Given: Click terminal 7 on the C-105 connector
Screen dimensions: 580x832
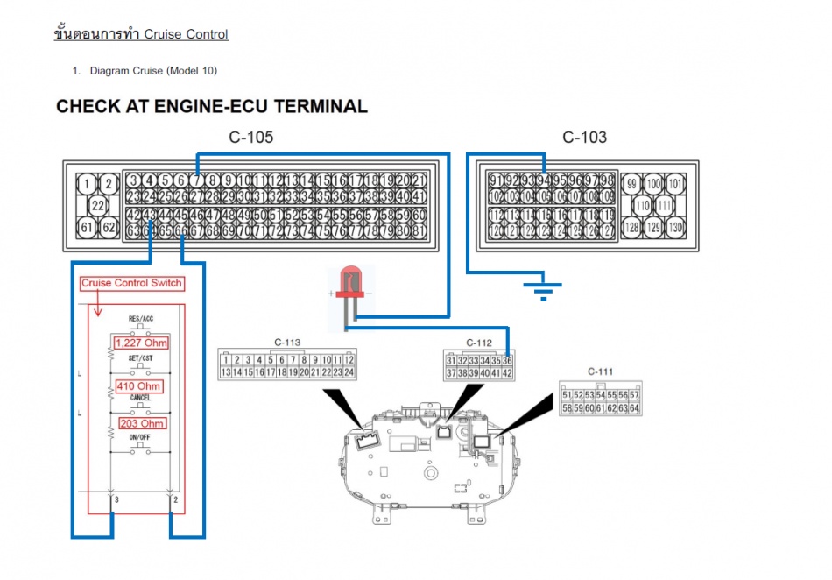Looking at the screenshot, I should [x=196, y=180].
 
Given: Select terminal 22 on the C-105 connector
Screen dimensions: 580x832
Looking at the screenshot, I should [x=99, y=205].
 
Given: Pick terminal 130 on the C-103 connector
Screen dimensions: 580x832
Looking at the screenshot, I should [x=675, y=227].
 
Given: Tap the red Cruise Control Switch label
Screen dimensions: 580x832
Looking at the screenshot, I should [x=131, y=283].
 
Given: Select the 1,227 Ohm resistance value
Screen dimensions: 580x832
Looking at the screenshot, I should [x=140, y=343].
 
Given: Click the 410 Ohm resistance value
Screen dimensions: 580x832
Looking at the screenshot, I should [x=137, y=385].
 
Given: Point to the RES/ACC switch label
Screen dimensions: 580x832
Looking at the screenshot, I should [x=141, y=320].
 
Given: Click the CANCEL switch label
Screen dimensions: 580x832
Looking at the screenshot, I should [x=140, y=398].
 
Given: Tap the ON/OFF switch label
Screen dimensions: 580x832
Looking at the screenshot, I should [x=140, y=437].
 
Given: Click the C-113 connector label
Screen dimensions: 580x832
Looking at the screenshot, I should [x=286, y=343].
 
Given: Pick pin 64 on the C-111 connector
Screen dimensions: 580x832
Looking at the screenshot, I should [x=634, y=408].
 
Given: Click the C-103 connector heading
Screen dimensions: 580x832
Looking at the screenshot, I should [x=584, y=138].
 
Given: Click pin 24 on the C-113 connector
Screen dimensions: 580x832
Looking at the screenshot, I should [x=349, y=372].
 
